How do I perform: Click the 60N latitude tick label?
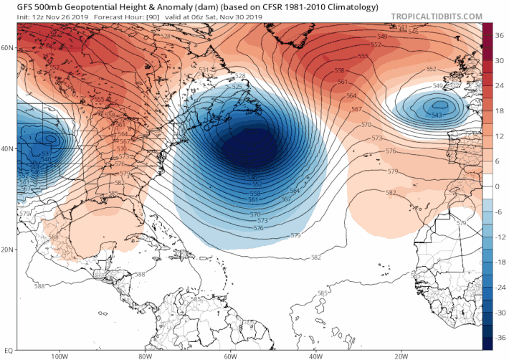(x=8, y=48)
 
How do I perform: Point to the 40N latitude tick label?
(x=8, y=149)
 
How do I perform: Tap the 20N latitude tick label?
(x=8, y=250)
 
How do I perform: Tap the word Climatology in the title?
(x=347, y=7)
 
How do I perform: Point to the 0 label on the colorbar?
(x=498, y=186)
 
